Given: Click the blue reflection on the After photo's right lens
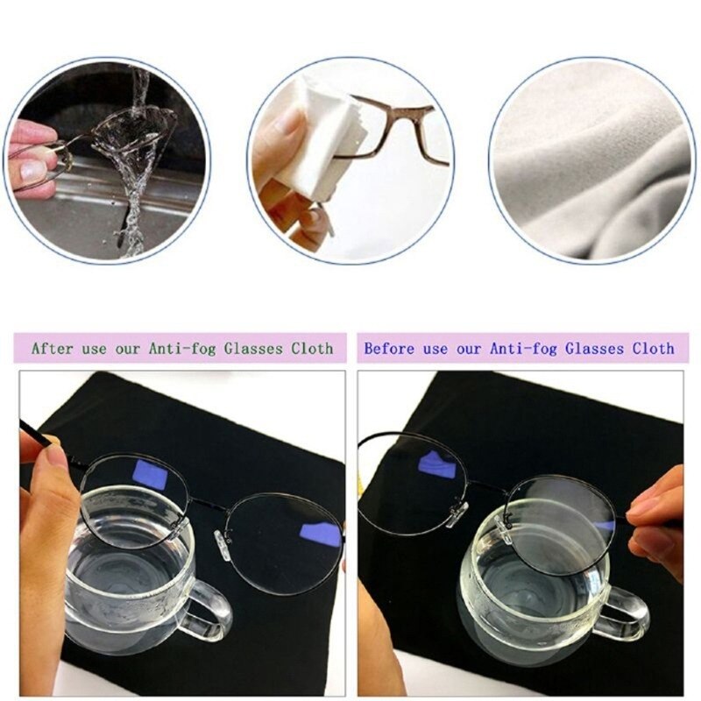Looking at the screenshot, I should click(320, 533).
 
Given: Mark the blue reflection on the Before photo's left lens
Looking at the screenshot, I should click(435, 464).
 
